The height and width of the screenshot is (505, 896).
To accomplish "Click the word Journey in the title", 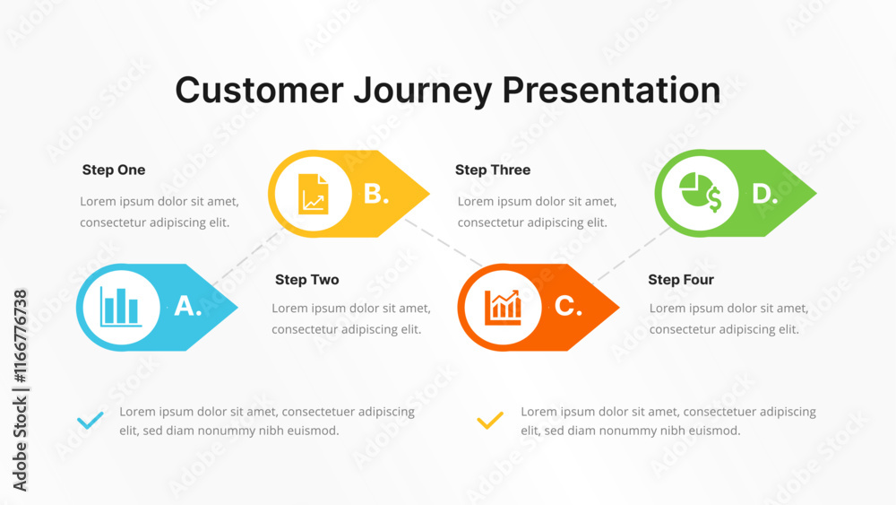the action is coord(422,91).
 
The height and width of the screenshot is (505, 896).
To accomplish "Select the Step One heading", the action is coord(114,170).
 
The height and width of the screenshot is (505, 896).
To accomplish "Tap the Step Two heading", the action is coord(306,280).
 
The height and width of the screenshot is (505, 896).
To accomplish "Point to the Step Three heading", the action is coord(493,170).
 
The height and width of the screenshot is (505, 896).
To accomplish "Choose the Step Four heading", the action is coord(681,280).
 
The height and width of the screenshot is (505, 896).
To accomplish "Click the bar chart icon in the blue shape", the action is coord(121,307).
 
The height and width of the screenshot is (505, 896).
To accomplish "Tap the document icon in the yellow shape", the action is coord(313,194).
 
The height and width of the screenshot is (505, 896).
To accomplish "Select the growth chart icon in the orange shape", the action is coord(503,307).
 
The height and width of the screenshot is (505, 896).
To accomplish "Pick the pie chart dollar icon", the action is coord(700,192).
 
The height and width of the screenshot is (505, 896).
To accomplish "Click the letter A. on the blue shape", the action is coord(188,306).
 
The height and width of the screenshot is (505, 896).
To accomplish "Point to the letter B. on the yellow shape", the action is coord(376,194).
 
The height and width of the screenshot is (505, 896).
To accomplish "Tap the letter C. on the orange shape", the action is coord(568,306).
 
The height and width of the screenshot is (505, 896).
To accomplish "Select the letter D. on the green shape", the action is coord(765,194).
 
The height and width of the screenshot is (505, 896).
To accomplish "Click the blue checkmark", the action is coord(90,421).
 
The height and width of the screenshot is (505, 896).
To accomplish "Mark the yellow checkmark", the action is coord(490,421).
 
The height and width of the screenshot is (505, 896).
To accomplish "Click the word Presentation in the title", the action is coord(611,91).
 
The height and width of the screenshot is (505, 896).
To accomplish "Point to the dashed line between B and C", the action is coord(444,242).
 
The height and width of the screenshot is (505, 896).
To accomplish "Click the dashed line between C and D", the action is coord(633,255).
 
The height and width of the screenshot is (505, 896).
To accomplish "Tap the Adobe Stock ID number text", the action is coord(20,336).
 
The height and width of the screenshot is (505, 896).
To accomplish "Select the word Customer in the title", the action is coord(260,91).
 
